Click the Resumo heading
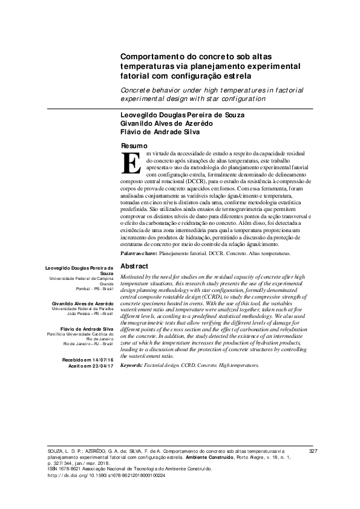[134, 146]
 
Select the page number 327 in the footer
[313, 451]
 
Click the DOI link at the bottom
[106, 475]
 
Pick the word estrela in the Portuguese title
[233, 77]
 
